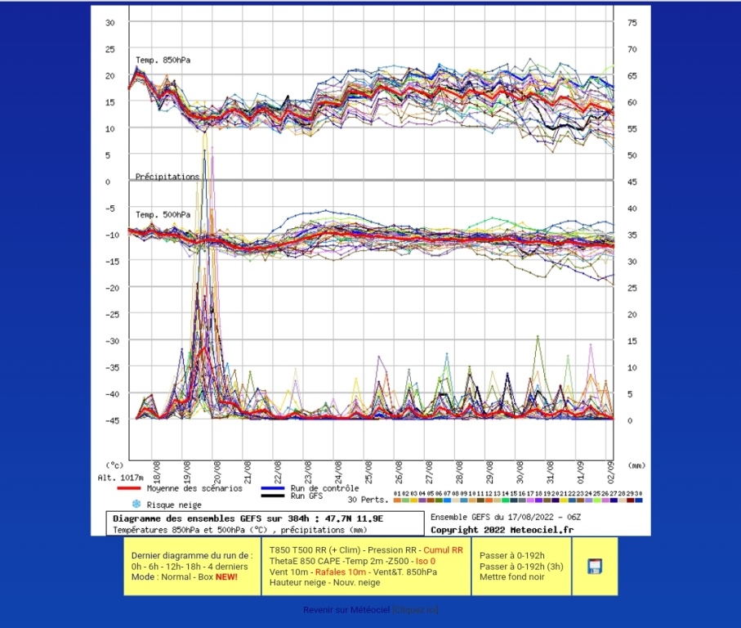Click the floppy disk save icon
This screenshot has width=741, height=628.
(595, 566)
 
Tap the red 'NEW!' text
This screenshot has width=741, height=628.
(228, 577)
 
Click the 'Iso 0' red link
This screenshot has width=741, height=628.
(426, 561)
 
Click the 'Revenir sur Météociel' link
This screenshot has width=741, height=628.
(346, 610)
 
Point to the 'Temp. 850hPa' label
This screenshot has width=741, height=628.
(163, 60)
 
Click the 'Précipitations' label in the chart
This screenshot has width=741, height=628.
(167, 176)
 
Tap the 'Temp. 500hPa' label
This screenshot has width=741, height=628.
(163, 214)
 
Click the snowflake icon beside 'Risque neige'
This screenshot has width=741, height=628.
(136, 505)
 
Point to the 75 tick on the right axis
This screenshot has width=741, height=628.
(632, 23)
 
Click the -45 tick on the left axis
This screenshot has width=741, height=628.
(111, 419)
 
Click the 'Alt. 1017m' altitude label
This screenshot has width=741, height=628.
(120, 478)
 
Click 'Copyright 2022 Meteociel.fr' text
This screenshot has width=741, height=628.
(502, 529)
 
